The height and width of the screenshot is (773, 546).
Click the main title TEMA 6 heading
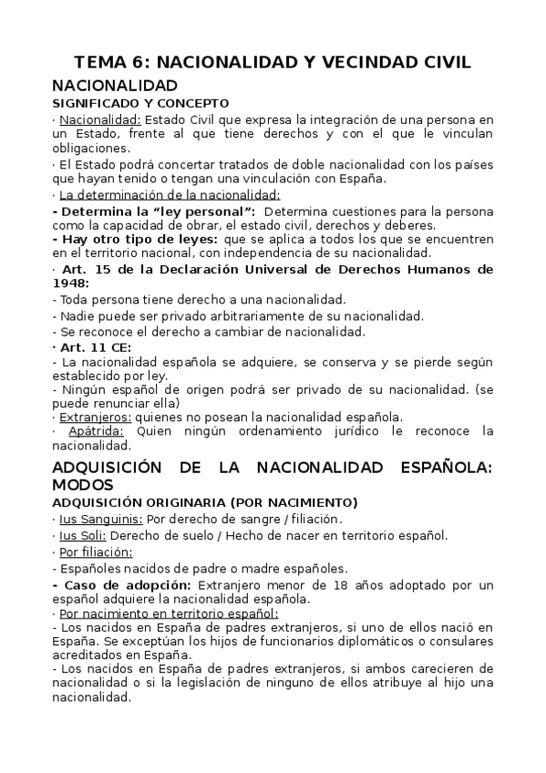(x=273, y=62)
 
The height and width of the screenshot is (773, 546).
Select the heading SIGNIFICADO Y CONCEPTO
(x=140, y=103)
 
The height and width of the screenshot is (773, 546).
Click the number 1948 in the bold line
(x=71, y=283)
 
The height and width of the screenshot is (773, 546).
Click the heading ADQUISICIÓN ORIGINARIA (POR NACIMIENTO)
(x=204, y=502)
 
